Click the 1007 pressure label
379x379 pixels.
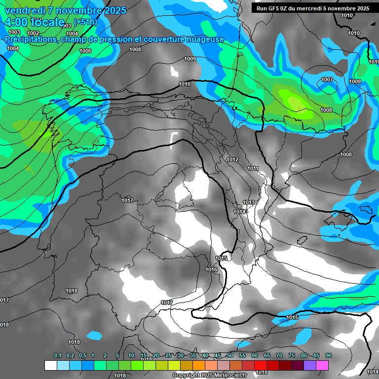tap(327, 79)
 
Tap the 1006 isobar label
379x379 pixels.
tap(85, 51)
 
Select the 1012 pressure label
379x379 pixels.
tap(232, 159)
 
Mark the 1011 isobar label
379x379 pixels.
tap(253, 169)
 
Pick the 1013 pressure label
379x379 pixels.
tap(249, 203)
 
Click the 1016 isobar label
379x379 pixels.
tap(211, 270)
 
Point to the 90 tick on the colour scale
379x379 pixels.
tap(328, 355)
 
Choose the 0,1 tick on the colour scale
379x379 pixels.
tap(57, 355)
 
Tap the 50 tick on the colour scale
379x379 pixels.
tap(230, 355)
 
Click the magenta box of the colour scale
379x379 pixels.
tap(322, 365)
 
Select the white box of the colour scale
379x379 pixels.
tap(51, 365)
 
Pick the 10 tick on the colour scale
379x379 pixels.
tap(131, 355)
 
